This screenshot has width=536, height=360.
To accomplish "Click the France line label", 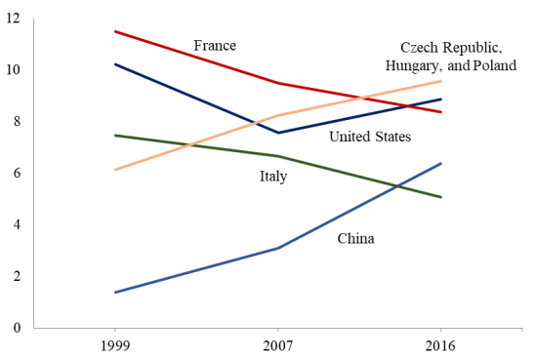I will (x=215, y=46).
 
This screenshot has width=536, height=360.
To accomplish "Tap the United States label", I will (x=370, y=137).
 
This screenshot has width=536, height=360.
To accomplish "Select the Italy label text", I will (x=273, y=177).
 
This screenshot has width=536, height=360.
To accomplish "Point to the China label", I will (x=355, y=238).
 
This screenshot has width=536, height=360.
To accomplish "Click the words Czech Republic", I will (x=450, y=48).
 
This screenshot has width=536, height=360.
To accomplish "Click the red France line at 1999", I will (x=115, y=31).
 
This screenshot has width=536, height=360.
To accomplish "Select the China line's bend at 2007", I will (x=278, y=248).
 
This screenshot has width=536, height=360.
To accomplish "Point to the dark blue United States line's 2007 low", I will (x=278, y=133).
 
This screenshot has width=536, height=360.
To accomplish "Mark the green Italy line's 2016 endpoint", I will (x=441, y=197).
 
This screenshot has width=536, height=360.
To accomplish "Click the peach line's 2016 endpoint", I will (x=441, y=81).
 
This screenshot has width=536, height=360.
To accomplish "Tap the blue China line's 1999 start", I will (x=115, y=292).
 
